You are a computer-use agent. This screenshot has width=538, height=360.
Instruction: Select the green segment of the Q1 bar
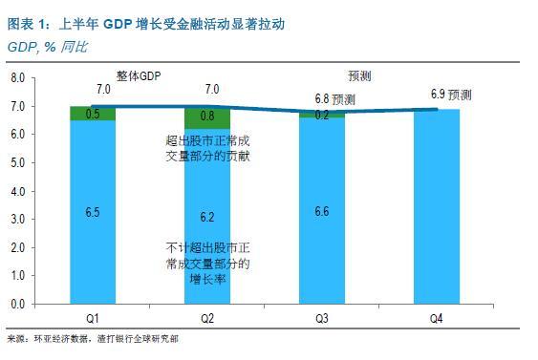coord(94,114)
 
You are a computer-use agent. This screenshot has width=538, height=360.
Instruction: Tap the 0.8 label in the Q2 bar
coord(208,117)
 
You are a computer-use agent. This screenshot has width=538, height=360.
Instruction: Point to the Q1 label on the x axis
coord(94,315)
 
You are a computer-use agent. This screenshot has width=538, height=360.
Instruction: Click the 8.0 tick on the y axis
coord(16,77)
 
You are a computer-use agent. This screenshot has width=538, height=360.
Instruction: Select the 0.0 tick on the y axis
coord(16,304)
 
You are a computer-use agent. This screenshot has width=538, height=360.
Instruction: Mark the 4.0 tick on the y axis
coord(16,190)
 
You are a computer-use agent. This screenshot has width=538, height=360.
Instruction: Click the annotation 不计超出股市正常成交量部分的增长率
coord(207,265)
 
